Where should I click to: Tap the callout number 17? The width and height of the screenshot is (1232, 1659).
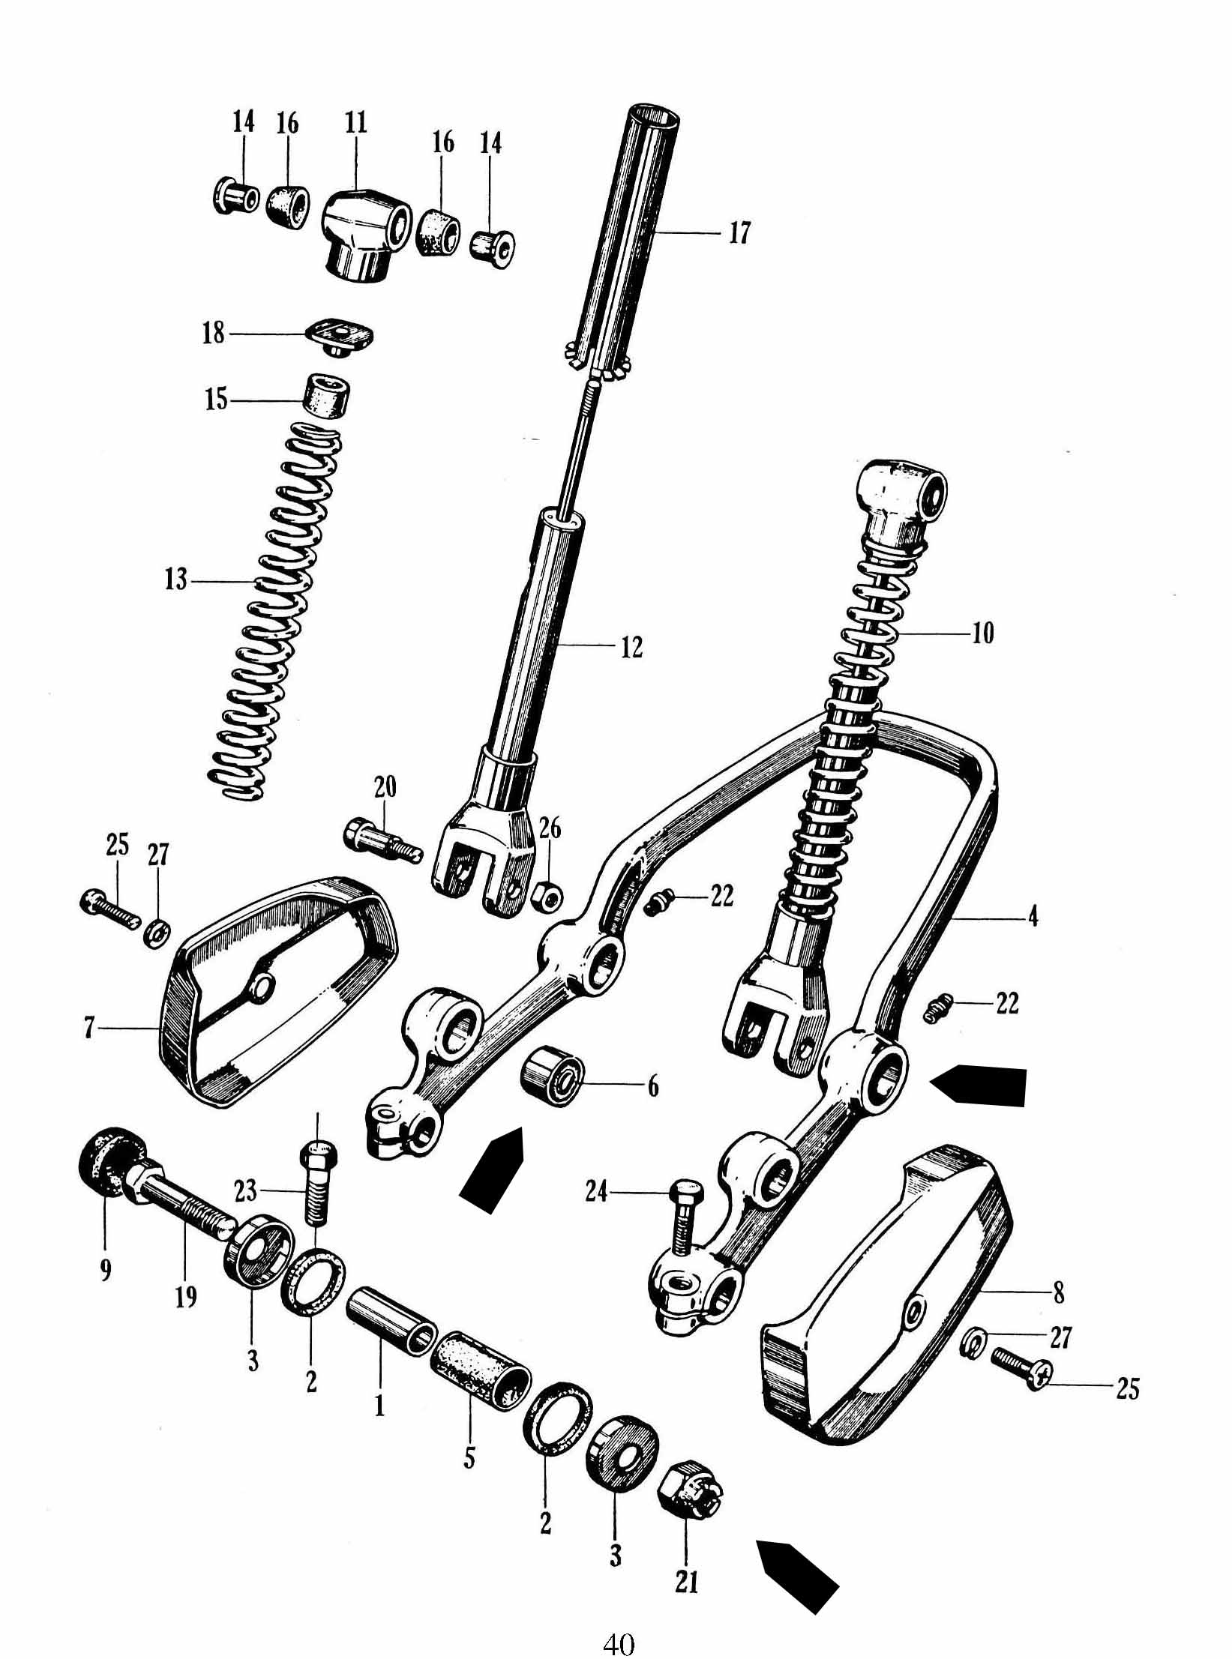click(x=739, y=233)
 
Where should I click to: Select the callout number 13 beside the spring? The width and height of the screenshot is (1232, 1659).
click(x=176, y=580)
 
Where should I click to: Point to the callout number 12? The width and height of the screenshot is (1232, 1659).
click(x=631, y=646)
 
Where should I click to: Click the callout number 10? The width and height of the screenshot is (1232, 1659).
click(x=982, y=633)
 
